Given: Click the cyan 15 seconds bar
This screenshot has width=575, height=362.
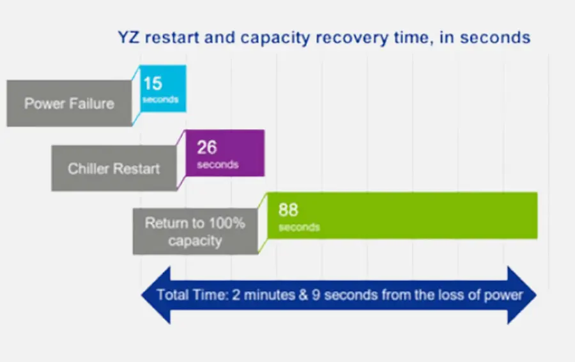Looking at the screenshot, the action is click(x=163, y=88).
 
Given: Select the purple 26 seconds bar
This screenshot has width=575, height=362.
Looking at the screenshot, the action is click(x=225, y=153).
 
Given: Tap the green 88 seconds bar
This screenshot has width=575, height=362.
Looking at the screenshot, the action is click(x=402, y=215).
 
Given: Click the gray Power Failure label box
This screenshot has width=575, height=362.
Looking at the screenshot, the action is click(x=69, y=103).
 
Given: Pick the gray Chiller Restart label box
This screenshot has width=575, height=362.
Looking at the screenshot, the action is click(x=114, y=168).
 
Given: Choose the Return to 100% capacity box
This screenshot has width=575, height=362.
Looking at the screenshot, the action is click(x=195, y=232).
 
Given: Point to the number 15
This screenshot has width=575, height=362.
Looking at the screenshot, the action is click(x=153, y=83).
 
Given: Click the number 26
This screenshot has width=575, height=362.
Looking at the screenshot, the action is click(x=207, y=148).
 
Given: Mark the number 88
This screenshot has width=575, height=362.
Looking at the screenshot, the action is click(x=288, y=210).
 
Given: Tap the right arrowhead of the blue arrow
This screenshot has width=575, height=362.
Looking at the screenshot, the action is click(x=522, y=295).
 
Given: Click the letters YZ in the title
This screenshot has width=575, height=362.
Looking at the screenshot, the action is click(x=128, y=38).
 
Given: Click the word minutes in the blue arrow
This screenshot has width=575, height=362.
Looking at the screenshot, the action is click(x=269, y=295).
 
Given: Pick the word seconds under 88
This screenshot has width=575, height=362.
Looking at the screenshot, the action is click(x=299, y=227).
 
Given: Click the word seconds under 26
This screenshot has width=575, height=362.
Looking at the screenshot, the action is click(x=218, y=164).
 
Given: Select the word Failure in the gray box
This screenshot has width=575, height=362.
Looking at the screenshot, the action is click(x=91, y=104).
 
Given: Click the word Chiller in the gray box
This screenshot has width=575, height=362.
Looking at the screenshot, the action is click(x=88, y=168).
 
